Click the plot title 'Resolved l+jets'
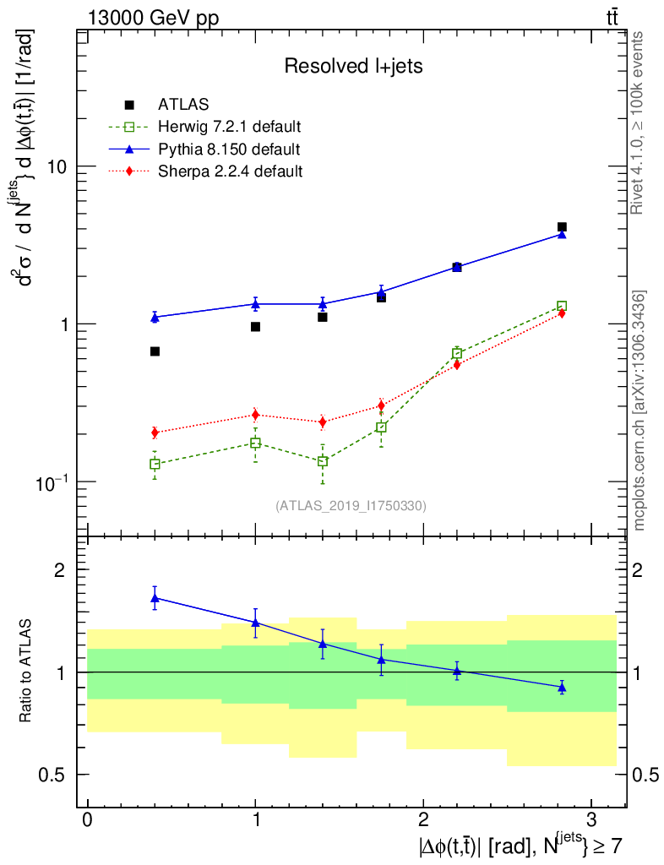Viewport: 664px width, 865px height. coord(353,66)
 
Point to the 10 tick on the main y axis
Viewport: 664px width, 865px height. coord(57,166)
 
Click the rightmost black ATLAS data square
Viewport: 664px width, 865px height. coord(562,227)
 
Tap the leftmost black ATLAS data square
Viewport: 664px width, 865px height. coord(155,351)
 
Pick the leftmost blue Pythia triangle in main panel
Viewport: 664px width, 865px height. coord(155,318)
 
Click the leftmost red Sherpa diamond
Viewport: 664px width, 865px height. coord(155,432)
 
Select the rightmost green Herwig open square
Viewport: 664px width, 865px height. coord(562,306)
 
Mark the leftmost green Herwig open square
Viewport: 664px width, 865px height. coord(155,464)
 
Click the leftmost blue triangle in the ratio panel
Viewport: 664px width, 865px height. coord(155,598)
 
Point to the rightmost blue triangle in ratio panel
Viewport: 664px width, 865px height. coord(562,688)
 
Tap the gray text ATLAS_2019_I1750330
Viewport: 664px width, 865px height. coord(351,506)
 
